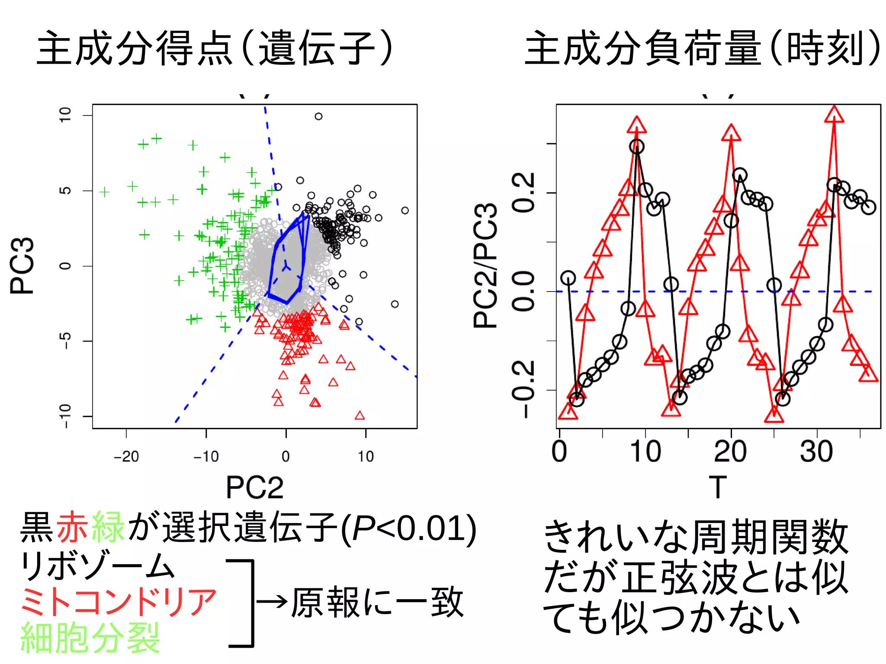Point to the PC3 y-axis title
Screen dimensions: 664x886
pyautogui.click(x=22, y=266)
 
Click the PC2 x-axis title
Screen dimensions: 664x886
pyautogui.click(x=254, y=488)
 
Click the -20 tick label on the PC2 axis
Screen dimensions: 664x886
pyautogui.click(x=126, y=456)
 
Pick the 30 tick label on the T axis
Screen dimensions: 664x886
pyautogui.click(x=816, y=452)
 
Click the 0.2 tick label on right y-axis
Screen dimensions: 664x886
pyautogui.click(x=524, y=192)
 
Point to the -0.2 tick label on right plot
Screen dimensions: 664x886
pyautogui.click(x=524, y=389)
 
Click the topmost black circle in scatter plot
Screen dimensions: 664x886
pyautogui.click(x=318, y=116)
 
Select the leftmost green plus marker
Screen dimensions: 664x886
pyautogui.click(x=104, y=192)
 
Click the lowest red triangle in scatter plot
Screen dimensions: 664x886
pyautogui.click(x=360, y=416)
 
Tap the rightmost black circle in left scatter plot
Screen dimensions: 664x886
pyautogui.click(x=405, y=211)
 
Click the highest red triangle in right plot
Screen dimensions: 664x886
pyautogui.click(x=834, y=114)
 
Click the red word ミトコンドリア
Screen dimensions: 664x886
pyautogui.click(x=118, y=602)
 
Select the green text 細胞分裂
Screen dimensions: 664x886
pyautogui.click(x=90, y=638)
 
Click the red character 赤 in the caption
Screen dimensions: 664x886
pyautogui.click(x=73, y=527)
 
